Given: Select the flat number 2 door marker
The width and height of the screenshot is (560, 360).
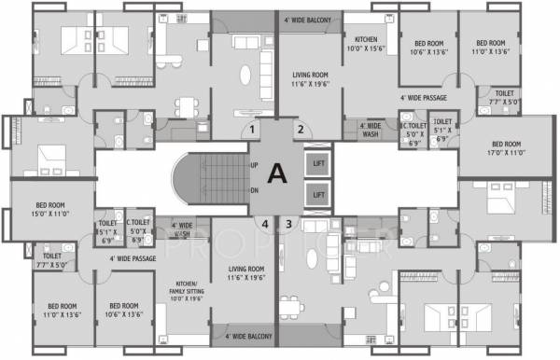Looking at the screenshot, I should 301,130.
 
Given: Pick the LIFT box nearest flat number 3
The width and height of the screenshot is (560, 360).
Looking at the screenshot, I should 318,195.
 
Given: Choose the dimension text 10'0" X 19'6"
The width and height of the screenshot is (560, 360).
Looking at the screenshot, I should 196,298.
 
